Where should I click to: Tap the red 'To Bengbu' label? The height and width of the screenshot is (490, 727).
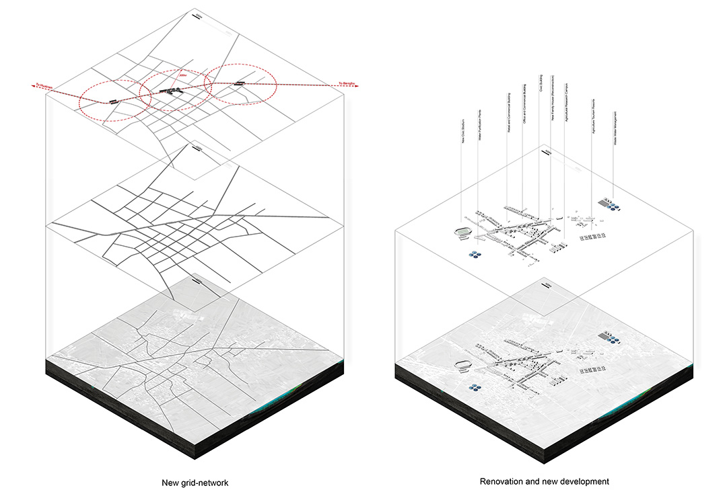pos(347,83)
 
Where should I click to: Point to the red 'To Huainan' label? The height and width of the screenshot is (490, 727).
pos(45,85)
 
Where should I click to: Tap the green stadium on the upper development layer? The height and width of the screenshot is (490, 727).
pos(462,233)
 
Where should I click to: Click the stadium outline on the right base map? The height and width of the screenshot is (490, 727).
pos(463,366)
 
